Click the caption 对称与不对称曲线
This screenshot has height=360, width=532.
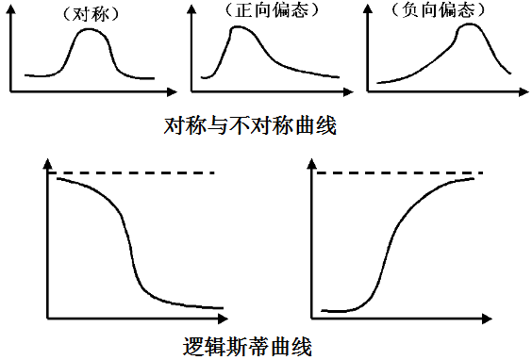[250, 124]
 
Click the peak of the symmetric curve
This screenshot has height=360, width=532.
[90, 29]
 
